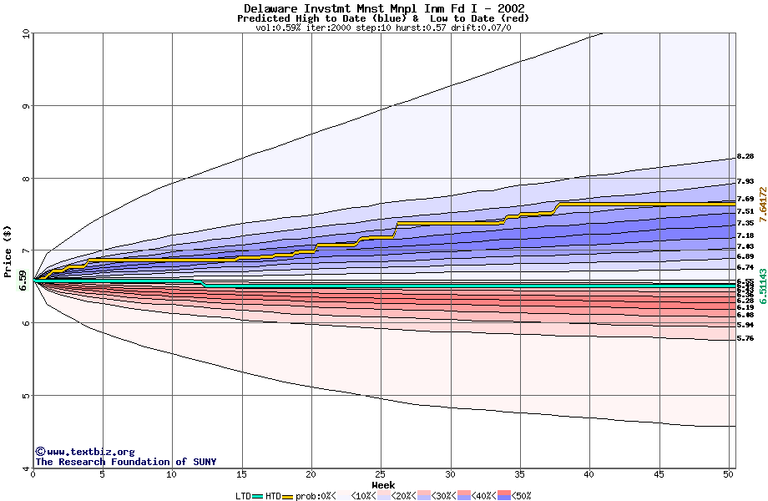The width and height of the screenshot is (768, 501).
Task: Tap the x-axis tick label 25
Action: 381,474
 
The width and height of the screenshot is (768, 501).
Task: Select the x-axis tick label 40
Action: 589,474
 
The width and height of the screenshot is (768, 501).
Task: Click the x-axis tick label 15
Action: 241,474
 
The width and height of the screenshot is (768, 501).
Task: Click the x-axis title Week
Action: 383,484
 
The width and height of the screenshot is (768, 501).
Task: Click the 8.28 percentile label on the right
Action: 745,157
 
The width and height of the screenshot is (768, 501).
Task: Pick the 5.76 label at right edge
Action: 745,338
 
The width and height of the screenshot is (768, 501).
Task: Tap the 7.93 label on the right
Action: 745,181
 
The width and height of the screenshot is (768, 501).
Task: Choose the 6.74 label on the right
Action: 745,267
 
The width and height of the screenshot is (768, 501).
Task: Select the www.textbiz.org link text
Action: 90,452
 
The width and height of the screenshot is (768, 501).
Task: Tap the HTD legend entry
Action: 273,496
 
